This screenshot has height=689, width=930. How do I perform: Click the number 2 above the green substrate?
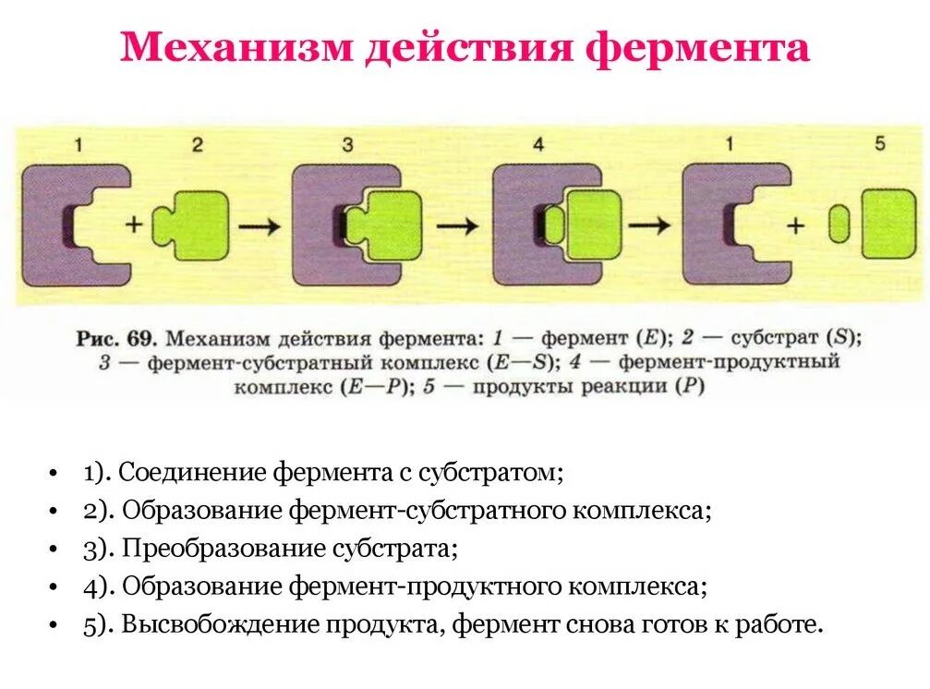coord(196,144)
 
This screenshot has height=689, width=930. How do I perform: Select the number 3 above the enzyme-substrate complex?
coord(347,144)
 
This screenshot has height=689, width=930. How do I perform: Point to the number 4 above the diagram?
coord(537,144)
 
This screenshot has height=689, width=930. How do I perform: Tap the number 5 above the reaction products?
coord(879,144)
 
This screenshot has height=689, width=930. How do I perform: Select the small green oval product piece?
coord(839,225)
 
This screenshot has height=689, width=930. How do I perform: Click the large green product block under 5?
coord(887,225)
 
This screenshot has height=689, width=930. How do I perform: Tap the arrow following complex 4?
coord(653,224)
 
